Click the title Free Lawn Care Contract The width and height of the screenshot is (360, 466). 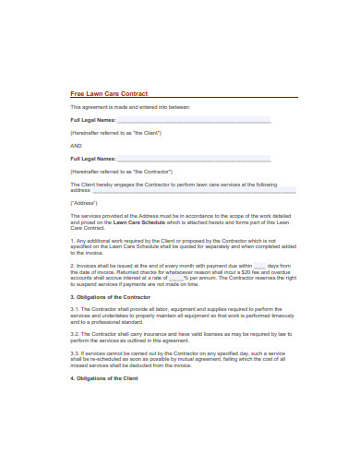[109, 93]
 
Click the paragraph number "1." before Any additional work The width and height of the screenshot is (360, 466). [73, 239]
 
